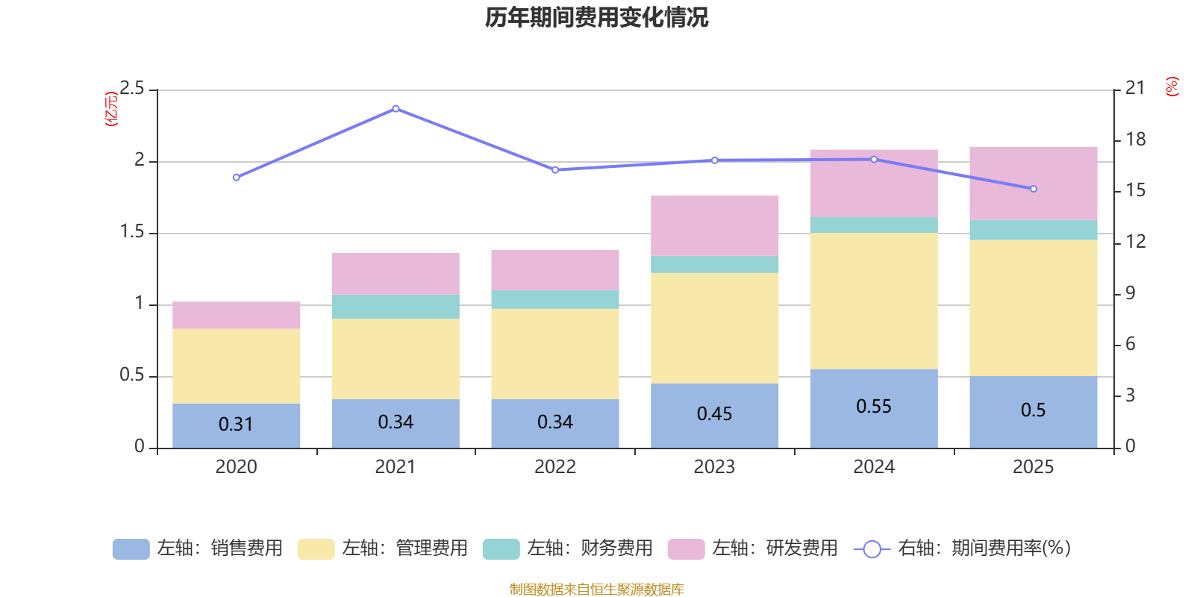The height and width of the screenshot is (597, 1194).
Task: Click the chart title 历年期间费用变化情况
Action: click(x=596, y=18)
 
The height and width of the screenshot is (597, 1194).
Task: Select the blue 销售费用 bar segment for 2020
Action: click(x=236, y=425)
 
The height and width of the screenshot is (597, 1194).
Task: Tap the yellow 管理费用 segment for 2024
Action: click(x=873, y=301)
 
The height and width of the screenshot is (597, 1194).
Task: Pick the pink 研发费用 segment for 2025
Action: click(x=1033, y=183)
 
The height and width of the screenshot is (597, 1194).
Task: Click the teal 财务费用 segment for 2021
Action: click(x=395, y=307)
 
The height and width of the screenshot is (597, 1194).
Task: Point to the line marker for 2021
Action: click(x=396, y=109)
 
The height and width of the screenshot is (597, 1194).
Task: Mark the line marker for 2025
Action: click(x=1034, y=189)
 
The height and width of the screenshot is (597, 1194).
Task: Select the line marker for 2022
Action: click(x=555, y=170)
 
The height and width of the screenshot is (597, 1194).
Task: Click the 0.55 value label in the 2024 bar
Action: click(x=873, y=407)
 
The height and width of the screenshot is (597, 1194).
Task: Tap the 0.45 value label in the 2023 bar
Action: click(x=714, y=414)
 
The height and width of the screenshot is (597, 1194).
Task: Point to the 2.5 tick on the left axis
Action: click(x=133, y=89)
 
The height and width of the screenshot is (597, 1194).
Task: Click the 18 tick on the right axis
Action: click(x=1135, y=140)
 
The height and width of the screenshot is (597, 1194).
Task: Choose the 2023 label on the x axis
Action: click(x=714, y=467)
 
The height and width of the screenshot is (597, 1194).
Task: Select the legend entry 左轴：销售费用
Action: click(x=198, y=548)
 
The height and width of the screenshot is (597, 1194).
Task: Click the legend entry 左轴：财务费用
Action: click(x=568, y=548)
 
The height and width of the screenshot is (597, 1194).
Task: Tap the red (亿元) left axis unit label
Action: click(x=111, y=109)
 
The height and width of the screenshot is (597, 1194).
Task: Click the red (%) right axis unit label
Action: click(x=1172, y=87)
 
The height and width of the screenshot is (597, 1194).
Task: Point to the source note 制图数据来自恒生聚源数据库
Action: click(x=596, y=590)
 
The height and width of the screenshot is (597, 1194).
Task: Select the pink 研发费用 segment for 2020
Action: click(x=236, y=316)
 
